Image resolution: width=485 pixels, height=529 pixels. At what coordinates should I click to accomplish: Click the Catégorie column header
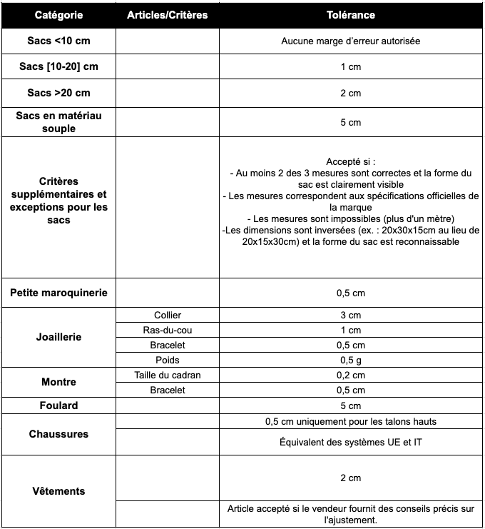click(x=58, y=15)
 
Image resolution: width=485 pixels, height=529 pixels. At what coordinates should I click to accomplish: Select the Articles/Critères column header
click(x=167, y=15)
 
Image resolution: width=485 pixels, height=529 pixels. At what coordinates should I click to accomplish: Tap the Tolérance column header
click(x=350, y=15)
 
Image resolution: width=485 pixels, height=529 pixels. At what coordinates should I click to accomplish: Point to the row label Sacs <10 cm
click(x=58, y=41)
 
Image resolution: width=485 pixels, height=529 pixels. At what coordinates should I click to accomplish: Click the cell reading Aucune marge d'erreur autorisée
click(x=350, y=41)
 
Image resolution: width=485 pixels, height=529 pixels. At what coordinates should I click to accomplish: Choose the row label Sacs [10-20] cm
click(x=58, y=67)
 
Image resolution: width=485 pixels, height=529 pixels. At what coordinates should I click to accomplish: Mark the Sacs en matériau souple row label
click(x=58, y=122)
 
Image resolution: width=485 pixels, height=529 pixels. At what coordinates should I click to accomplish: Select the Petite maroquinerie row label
click(x=58, y=293)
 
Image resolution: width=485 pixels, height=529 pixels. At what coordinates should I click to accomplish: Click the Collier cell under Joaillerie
click(x=168, y=315)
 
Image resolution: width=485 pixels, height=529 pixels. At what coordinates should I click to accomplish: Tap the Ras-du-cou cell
click(x=168, y=330)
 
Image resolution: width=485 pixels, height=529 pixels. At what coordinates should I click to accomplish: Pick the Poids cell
click(x=168, y=360)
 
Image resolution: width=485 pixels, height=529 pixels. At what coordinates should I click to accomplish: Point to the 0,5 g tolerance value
click(x=350, y=360)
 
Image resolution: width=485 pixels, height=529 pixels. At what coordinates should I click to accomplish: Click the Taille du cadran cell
click(x=168, y=375)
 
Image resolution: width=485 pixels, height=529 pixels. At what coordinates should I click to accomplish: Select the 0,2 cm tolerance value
click(x=350, y=375)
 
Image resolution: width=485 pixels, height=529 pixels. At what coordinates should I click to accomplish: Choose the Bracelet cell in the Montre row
click(x=168, y=390)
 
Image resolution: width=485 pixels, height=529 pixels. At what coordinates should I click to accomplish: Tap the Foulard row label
click(x=58, y=405)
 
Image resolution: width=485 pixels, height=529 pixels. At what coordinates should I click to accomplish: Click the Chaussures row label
click(x=58, y=434)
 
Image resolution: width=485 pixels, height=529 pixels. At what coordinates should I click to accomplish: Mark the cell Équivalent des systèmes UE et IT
click(x=350, y=443)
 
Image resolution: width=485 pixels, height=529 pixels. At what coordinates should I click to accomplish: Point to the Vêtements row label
click(x=58, y=491)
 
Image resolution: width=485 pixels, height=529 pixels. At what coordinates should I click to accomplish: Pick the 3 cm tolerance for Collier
click(x=350, y=315)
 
